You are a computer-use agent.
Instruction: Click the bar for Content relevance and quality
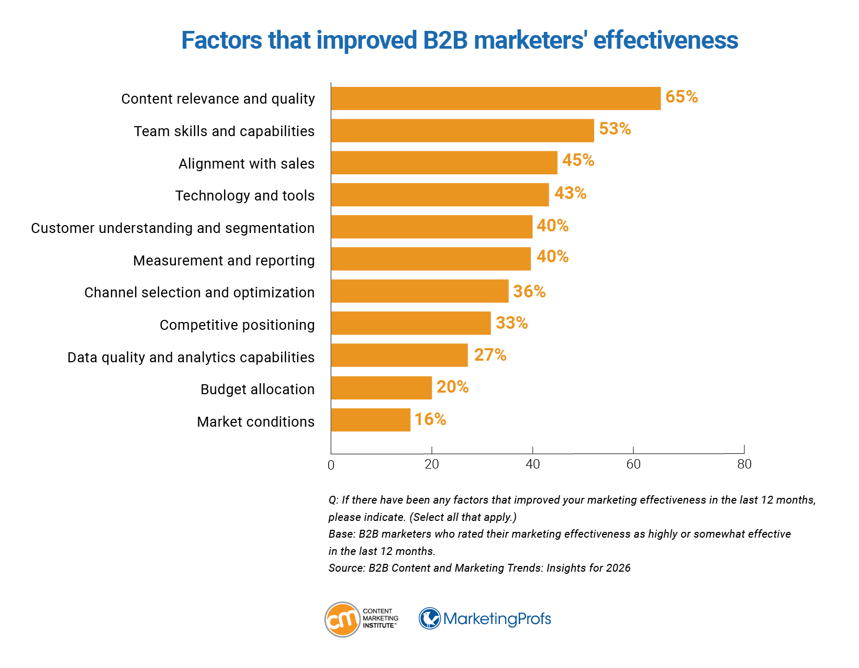[x=495, y=98]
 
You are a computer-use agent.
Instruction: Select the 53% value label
[x=615, y=129]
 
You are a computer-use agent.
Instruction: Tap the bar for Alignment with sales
[x=444, y=163]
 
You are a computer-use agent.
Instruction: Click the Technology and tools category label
[x=244, y=196]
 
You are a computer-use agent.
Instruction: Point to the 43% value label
[x=570, y=193]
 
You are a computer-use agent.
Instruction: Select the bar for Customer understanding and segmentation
[x=431, y=227]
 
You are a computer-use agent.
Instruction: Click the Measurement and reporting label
[x=224, y=261]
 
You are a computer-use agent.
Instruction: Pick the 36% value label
[x=529, y=292]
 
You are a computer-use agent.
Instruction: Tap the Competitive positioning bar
[x=410, y=323]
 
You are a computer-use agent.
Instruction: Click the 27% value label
[x=490, y=355]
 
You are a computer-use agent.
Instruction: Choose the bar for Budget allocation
[x=381, y=388]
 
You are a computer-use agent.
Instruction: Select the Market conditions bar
[x=371, y=420]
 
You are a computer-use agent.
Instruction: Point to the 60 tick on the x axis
[x=633, y=464]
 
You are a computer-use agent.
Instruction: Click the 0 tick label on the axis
[x=331, y=465]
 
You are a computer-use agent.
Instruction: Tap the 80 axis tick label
[x=744, y=464]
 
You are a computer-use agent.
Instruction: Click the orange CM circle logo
[x=342, y=619]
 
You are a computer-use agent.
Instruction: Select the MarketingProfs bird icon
[x=430, y=619]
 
